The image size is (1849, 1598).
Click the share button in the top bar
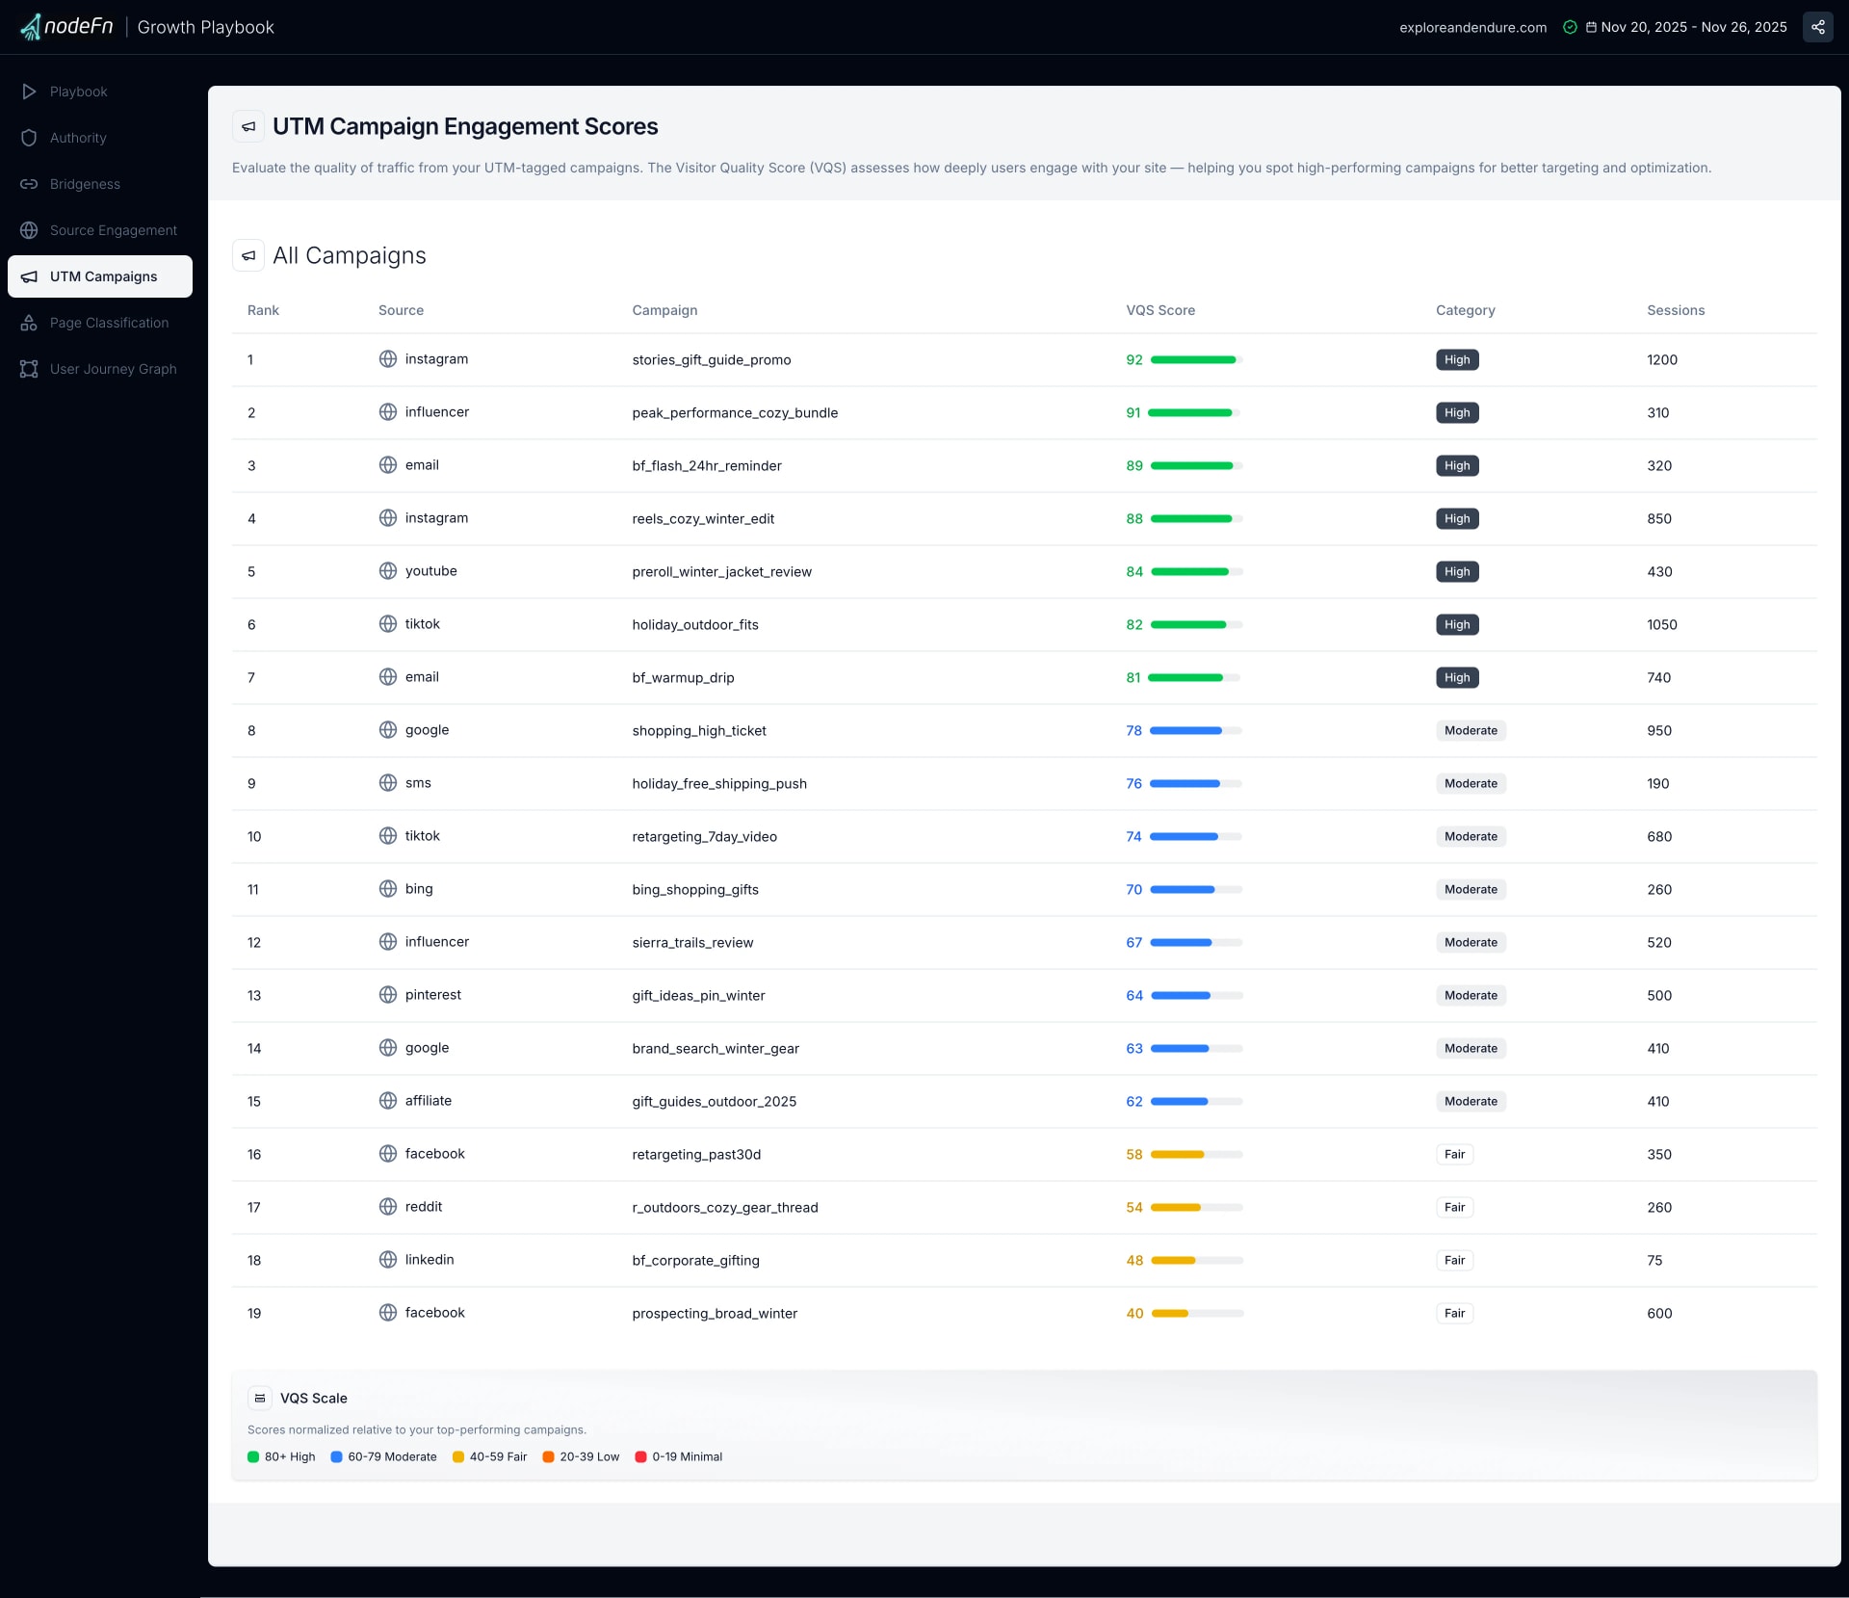pos(1817,27)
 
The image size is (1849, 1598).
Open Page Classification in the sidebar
pos(108,323)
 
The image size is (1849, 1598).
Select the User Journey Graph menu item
pos(113,369)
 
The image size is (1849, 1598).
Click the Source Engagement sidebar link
pos(113,230)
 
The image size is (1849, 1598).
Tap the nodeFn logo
pos(67,27)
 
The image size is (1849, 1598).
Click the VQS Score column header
pos(1160,310)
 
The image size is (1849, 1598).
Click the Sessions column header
pos(1675,310)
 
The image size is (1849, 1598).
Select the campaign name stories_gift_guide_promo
pos(711,360)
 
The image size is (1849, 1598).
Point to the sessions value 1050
pos(1661,625)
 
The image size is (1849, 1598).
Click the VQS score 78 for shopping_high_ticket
pos(1133,731)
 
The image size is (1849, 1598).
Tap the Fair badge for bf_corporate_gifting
pos(1454,1261)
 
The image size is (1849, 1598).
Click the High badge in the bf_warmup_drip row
pos(1456,678)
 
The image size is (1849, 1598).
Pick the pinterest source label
pos(432,995)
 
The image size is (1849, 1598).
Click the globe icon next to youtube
pos(388,571)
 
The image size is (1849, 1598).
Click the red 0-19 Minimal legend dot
pos(640,1456)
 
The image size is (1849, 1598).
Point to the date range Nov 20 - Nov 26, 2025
pos(1693,27)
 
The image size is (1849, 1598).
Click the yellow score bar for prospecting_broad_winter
pos(1170,1314)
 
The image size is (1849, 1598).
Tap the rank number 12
pos(254,943)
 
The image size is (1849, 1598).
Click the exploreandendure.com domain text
pos(1472,28)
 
